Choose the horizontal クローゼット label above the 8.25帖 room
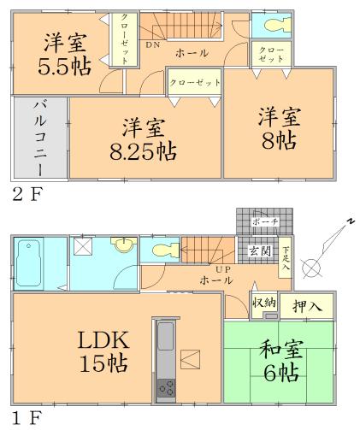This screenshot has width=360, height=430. pos(193,83)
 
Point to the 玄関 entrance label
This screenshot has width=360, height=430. pos(259,250)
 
